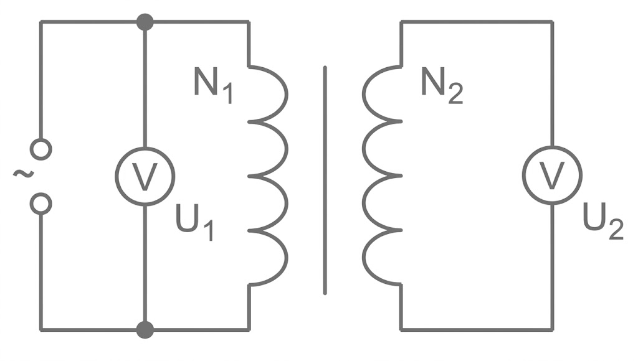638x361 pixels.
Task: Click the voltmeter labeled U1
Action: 145,177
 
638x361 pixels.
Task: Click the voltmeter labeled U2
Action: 551,176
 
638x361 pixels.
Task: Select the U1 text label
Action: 194,224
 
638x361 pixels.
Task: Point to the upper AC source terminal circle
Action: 41,149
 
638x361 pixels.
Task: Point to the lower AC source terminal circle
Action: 41,204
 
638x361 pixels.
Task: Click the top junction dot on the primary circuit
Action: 145,22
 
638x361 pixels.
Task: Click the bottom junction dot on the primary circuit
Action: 145,329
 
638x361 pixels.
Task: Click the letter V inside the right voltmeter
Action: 551,177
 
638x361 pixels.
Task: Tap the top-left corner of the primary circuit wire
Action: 41,22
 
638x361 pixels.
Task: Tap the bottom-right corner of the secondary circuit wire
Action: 551,329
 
